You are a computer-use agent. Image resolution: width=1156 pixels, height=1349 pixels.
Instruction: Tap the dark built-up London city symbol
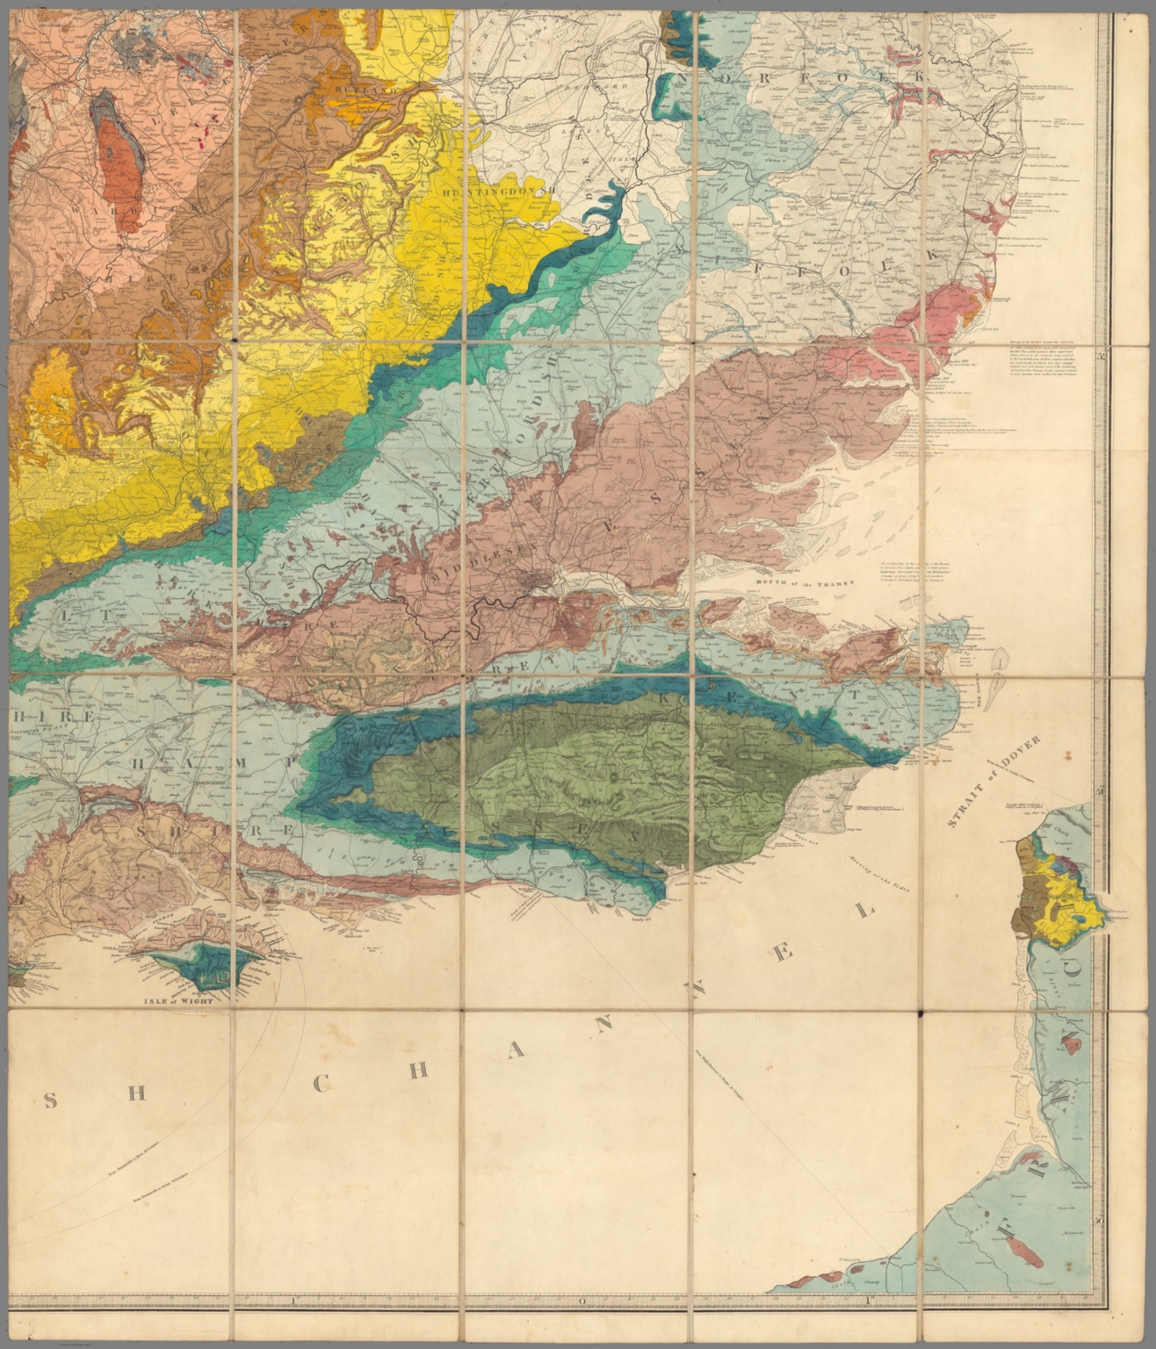(538, 580)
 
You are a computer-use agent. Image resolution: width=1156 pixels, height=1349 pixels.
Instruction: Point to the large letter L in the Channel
(865, 911)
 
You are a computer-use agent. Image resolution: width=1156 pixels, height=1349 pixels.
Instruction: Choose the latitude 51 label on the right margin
(1102, 793)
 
